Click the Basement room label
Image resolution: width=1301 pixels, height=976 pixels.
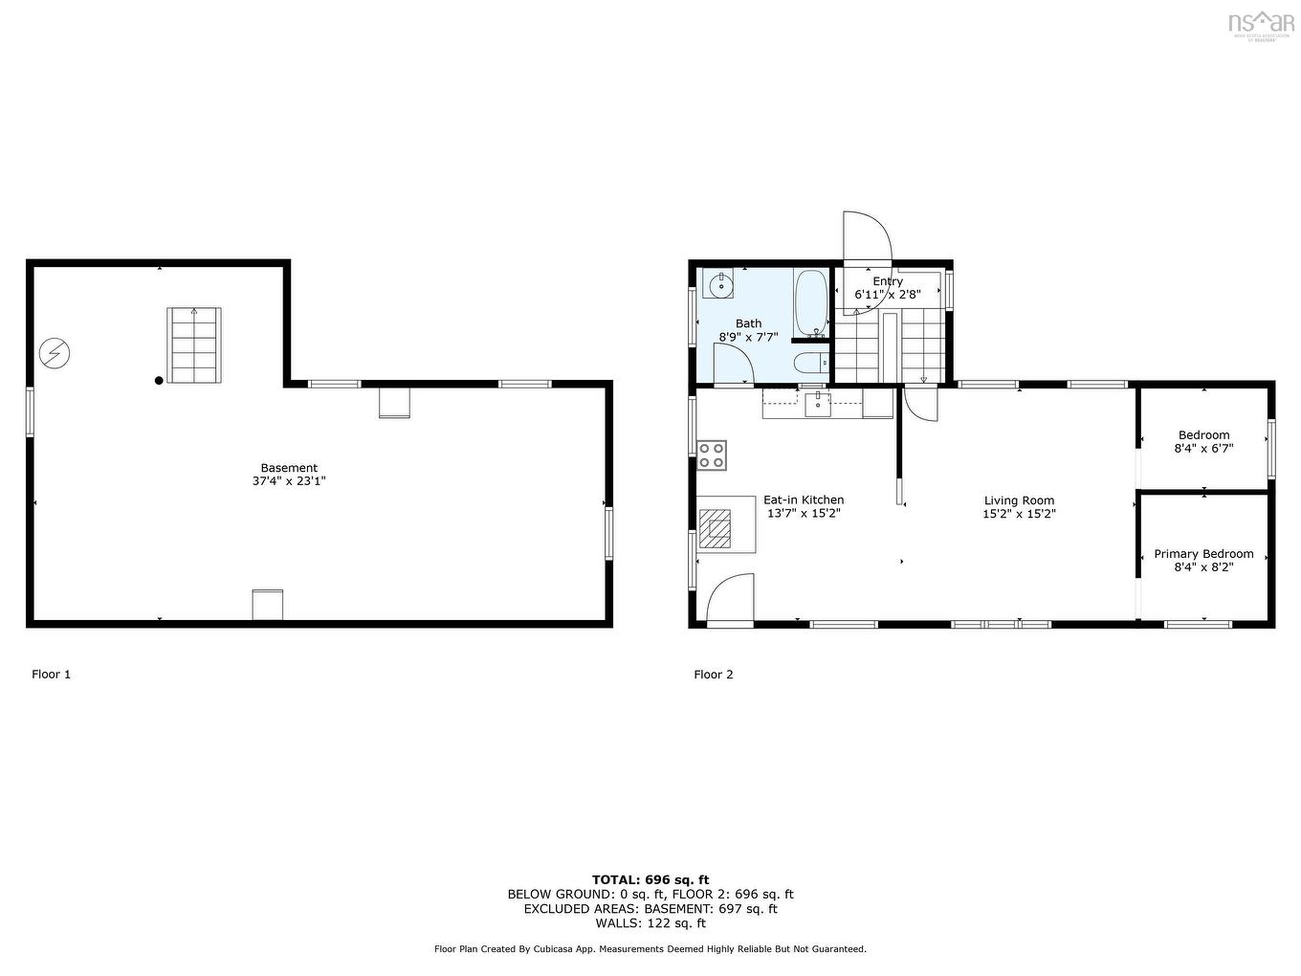[x=289, y=468]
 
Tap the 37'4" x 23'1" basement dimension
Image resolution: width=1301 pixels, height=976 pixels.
[x=289, y=482]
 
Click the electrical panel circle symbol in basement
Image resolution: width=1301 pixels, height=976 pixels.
[x=55, y=354]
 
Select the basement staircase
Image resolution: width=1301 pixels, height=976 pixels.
[x=194, y=344]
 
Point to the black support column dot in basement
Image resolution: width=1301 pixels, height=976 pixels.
[x=159, y=380]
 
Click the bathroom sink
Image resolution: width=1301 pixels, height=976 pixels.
[x=718, y=284]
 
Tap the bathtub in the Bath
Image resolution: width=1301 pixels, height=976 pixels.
[x=811, y=303]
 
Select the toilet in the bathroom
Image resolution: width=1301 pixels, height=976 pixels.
[x=810, y=362]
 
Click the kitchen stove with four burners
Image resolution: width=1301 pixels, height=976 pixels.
[x=712, y=455]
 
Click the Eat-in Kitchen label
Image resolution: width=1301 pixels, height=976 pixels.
[x=804, y=499]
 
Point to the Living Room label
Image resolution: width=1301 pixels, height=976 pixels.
[x=1019, y=500]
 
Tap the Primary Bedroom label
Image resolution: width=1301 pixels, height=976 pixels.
[x=1203, y=554]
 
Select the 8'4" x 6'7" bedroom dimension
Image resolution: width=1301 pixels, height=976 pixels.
[x=1203, y=448]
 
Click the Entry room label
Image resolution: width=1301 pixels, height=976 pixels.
[x=888, y=281]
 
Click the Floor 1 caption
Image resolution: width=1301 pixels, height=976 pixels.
[x=52, y=675]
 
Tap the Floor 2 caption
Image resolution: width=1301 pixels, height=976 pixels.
[x=714, y=675]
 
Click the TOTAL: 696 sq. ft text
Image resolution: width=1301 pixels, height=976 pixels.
[x=650, y=879]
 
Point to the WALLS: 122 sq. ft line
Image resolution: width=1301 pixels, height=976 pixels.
[x=650, y=923]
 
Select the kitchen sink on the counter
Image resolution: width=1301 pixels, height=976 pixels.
[x=818, y=404]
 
